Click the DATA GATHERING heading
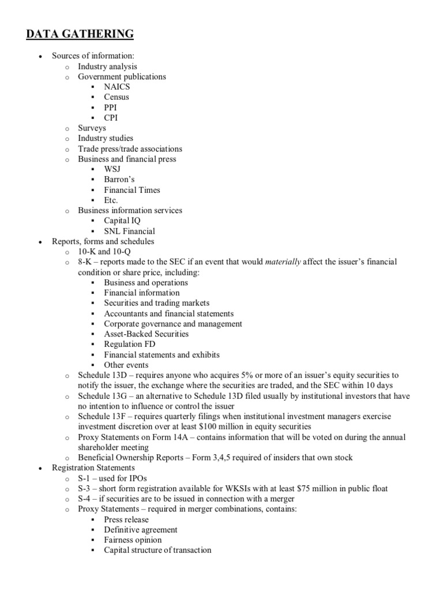pos(80,35)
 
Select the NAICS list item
pos(117,87)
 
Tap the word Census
pos(117,97)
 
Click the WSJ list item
pos(112,169)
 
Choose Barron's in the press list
pos(119,179)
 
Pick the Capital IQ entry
pos(122,220)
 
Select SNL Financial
pos(129,231)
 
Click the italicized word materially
pos(283,262)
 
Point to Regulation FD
pos(129,345)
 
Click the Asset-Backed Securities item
pos(146,334)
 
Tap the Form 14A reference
pos(171,437)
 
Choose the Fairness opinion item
pos(133,540)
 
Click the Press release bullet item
pos(126,519)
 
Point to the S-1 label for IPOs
pos(84,478)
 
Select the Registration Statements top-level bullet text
pos(93,468)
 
